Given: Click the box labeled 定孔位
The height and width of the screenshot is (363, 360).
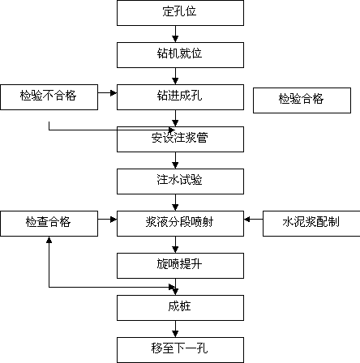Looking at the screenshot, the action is coord(180,13).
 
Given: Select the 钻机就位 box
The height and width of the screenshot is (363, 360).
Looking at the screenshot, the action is coord(180,55).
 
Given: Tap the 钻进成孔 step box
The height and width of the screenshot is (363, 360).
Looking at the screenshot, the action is coord(180,97).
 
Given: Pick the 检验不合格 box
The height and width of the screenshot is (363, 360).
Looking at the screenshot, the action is coord(49,97).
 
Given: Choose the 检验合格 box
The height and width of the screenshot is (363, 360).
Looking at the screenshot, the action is coord(302,100).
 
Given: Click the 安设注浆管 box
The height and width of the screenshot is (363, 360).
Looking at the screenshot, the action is coord(180,139).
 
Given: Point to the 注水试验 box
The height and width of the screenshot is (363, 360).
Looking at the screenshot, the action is coord(180,181).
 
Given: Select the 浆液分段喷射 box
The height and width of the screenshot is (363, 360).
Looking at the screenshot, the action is coord(180,224).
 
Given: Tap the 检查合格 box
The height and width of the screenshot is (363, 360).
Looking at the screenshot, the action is coord(49,224).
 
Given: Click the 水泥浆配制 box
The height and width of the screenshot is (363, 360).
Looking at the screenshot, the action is coord(311,224).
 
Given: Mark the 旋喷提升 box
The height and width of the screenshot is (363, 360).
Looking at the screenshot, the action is coord(180,266).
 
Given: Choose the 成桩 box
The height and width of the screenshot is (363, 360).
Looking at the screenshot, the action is coord(180,308).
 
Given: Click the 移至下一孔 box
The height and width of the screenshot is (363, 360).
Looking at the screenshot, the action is coord(180,350).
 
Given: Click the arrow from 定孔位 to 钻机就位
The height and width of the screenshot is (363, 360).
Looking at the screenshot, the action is coord(175,34).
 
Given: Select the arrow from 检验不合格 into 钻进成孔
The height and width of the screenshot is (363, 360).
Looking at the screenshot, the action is coord(107,93).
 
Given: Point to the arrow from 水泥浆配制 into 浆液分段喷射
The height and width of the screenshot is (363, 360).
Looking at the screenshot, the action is coord(253,220).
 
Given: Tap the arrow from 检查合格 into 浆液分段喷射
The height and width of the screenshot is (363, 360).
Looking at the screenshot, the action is coord(107,220).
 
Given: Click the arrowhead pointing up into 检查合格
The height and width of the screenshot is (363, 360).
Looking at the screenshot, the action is coord(49,240).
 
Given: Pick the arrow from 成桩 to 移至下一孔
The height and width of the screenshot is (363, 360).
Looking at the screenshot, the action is coord(175,329).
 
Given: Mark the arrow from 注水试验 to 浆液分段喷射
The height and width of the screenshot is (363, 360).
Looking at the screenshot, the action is coord(175,203).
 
